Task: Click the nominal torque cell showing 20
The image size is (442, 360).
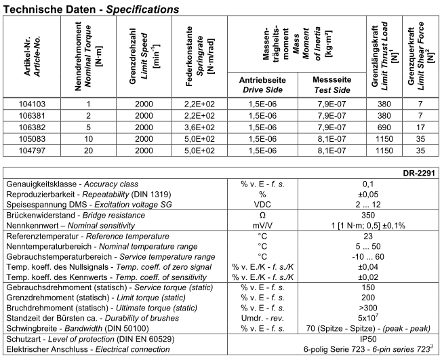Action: (x=88, y=150)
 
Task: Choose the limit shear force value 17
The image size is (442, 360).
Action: (x=420, y=127)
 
